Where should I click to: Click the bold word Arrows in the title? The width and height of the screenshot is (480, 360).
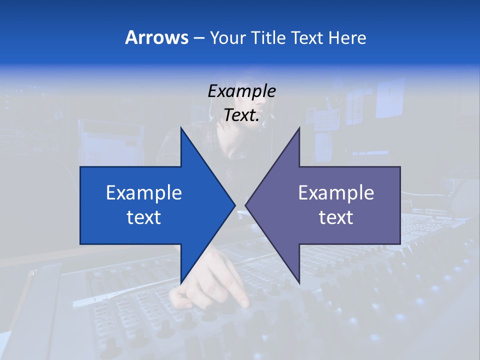point(156,37)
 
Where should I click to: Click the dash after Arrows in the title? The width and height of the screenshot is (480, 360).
point(198,38)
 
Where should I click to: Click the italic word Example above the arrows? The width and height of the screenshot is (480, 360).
point(241,91)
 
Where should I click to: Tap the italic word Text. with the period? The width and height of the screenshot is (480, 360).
point(241,115)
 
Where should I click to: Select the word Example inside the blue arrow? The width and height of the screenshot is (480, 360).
point(143,192)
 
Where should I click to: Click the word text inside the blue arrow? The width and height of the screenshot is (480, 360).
point(143,217)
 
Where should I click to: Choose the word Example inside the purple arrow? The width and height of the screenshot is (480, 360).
point(336,192)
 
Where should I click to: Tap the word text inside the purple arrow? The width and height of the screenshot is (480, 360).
point(336,217)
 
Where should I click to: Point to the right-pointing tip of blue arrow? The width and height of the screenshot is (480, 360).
point(234,205)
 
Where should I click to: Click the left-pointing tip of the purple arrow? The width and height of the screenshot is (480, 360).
point(246,205)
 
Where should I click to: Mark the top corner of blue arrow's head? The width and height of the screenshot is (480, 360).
point(181,128)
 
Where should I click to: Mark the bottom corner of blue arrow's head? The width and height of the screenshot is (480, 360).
point(181,282)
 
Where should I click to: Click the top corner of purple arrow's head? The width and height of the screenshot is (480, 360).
point(299,128)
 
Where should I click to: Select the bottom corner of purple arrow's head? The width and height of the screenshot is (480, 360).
point(299,282)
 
